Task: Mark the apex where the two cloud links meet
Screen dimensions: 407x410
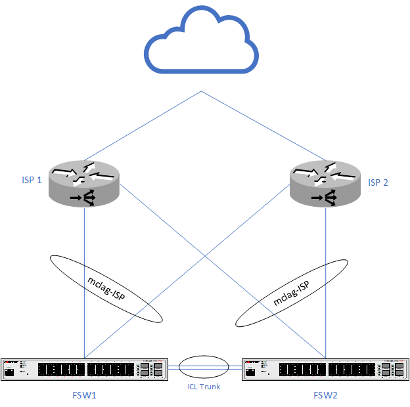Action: (202, 91)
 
